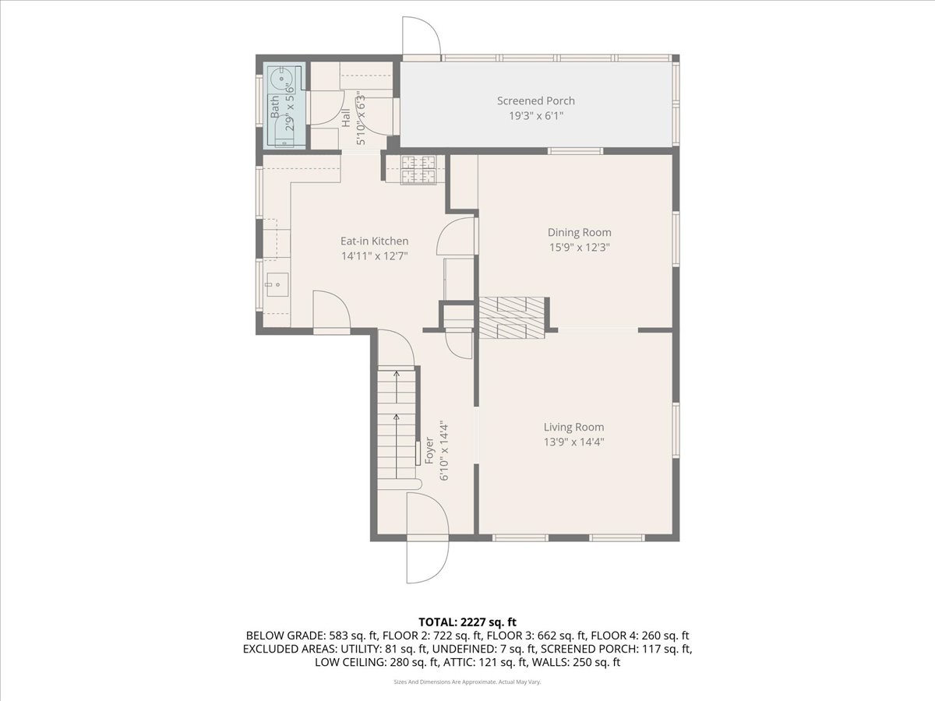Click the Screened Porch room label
tap(536, 100)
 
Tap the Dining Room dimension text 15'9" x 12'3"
tap(579, 247)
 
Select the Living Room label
tap(573, 427)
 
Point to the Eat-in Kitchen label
tap(374, 241)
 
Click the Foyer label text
tap(429, 453)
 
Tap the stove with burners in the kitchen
tap(418, 170)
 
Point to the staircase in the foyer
tap(397, 424)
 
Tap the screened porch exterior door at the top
tap(421, 37)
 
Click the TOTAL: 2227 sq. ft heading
tap(467, 622)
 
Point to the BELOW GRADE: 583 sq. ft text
tap(306, 636)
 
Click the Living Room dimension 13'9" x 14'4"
tap(573, 442)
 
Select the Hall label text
tap(346, 118)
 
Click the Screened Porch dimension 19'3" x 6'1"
tap(536, 115)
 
